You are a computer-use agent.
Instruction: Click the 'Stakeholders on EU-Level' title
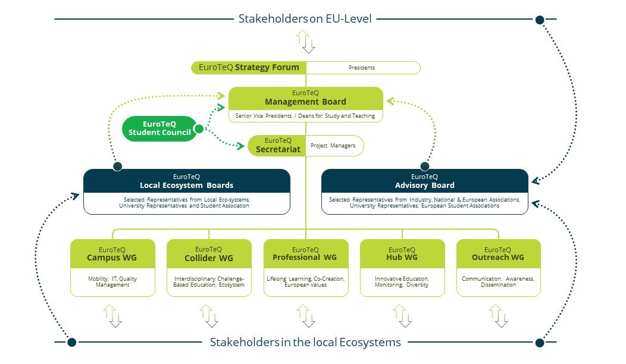pyautogui.click(x=305, y=19)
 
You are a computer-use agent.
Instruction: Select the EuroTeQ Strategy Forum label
pyautogui.click(x=249, y=68)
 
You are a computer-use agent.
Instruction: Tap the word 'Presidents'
pyautogui.click(x=362, y=68)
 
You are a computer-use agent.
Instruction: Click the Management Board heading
pyautogui.click(x=305, y=98)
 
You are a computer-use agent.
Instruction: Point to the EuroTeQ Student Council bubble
pyautogui.click(x=159, y=128)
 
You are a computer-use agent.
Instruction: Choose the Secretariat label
pyautogui.click(x=278, y=146)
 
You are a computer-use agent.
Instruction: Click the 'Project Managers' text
pyautogui.click(x=333, y=145)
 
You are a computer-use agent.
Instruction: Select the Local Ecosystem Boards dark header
pyautogui.click(x=186, y=181)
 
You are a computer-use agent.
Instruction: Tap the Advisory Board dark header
pyautogui.click(x=424, y=181)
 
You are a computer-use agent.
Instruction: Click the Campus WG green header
pyautogui.click(x=112, y=254)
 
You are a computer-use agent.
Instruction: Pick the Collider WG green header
pyautogui.click(x=209, y=254)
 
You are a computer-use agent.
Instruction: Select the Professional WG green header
pyautogui.click(x=305, y=254)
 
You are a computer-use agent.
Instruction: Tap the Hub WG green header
pyautogui.click(x=402, y=254)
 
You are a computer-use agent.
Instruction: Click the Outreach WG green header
pyautogui.click(x=498, y=254)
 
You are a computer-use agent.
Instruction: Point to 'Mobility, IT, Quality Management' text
pyautogui.click(x=112, y=281)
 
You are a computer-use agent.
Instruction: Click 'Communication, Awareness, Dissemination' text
pyautogui.click(x=498, y=281)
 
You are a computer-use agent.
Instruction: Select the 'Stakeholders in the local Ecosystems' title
pyautogui.click(x=305, y=343)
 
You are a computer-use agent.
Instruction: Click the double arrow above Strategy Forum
pyautogui.click(x=305, y=41)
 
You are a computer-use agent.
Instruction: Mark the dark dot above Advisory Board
pyautogui.click(x=425, y=166)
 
